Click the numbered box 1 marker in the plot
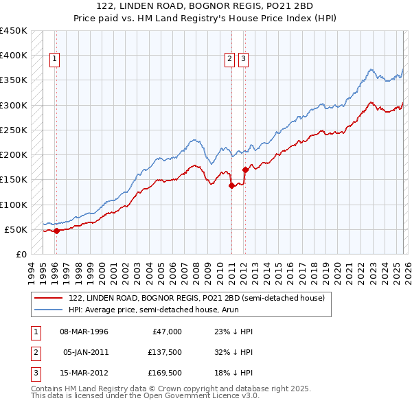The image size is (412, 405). pos(55,60)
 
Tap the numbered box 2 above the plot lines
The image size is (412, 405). pos(230,60)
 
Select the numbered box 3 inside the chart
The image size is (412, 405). pos(244,60)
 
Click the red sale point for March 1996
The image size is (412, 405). pos(56,231)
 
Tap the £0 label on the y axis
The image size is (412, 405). pos(21,254)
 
